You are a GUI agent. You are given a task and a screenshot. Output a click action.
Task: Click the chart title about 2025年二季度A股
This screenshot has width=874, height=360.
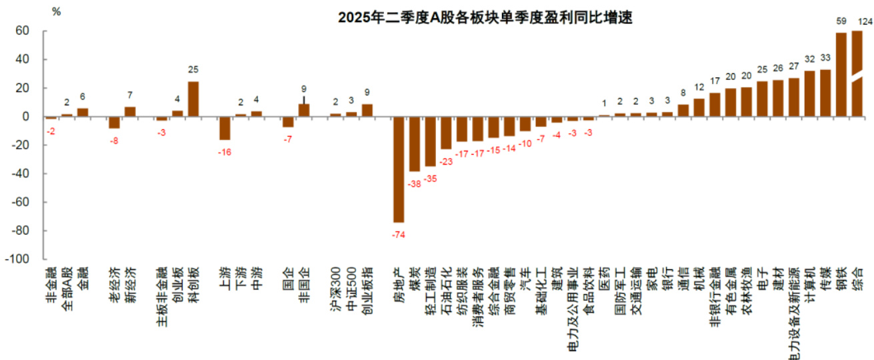pyautogui.click(x=485, y=18)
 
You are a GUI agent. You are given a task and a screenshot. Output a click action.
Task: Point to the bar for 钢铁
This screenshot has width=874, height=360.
pyautogui.click(x=841, y=75)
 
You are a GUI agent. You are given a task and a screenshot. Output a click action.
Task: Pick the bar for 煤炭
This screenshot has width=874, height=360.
pyautogui.click(x=415, y=144)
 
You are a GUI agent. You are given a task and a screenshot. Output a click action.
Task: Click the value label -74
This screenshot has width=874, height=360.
pyautogui.click(x=399, y=235)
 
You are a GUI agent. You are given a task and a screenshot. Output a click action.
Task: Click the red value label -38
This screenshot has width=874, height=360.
pyautogui.click(x=415, y=183)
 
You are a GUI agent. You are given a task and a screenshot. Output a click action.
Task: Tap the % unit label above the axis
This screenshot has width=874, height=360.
pyautogui.click(x=56, y=11)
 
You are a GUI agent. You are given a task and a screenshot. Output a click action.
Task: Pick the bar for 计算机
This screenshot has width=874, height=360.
pyautogui.click(x=810, y=93)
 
